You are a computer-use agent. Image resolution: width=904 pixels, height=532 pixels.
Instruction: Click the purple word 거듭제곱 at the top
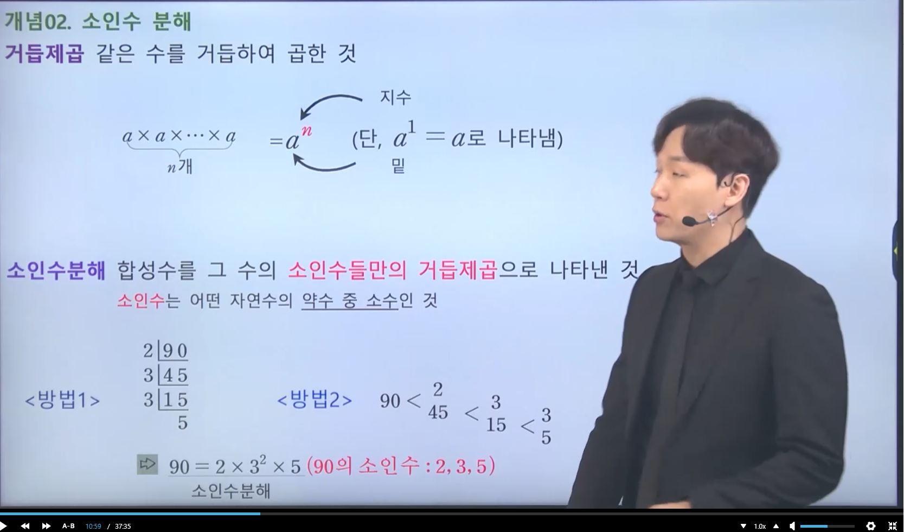click(44, 53)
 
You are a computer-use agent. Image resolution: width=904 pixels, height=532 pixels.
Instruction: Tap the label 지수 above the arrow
click(395, 97)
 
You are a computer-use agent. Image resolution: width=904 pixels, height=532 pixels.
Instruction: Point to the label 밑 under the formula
click(399, 165)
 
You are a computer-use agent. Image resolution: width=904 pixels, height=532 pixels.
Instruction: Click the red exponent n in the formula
click(307, 131)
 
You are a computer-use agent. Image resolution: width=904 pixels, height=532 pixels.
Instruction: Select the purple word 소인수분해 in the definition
click(56, 270)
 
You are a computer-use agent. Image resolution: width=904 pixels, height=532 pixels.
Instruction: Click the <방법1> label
click(62, 400)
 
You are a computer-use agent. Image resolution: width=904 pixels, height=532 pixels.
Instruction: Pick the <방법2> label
click(315, 400)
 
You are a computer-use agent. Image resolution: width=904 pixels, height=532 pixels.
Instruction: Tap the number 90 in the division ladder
click(175, 351)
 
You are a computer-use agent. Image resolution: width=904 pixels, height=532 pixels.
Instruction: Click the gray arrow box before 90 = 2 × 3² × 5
click(148, 464)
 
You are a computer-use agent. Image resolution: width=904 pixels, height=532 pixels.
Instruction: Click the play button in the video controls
click(3, 525)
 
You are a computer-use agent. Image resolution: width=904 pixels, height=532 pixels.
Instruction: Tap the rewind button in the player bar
click(25, 525)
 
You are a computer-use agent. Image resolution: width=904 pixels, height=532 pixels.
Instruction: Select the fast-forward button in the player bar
click(47, 525)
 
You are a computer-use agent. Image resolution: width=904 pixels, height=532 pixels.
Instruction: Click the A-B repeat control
click(68, 525)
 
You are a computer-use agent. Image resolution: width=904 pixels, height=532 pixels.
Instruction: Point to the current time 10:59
click(93, 526)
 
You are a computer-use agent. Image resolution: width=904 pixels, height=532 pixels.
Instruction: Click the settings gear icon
click(871, 526)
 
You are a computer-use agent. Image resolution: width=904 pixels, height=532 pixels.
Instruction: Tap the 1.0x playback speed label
click(760, 526)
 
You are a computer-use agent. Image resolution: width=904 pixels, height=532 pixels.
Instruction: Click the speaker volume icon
click(793, 526)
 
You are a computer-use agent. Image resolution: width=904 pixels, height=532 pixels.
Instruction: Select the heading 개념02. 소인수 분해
click(97, 21)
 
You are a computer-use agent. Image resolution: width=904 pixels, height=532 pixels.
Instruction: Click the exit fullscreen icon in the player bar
click(893, 526)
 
